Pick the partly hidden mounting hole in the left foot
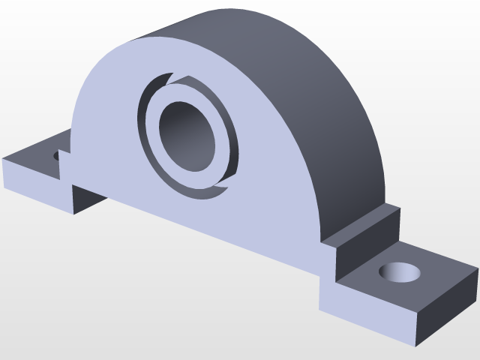coord(57,156)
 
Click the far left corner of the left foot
coord(4,160)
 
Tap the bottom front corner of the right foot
coord(415,346)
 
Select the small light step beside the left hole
coord(65,165)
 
